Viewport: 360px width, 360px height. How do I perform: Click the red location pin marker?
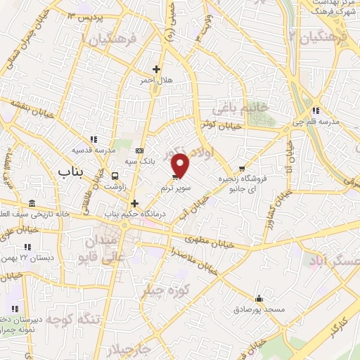point(181,165)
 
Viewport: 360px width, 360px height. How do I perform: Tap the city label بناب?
point(70,171)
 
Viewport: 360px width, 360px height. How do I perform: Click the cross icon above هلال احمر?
point(156,70)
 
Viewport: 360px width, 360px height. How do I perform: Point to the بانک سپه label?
point(139,161)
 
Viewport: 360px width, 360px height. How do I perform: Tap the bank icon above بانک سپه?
point(139,150)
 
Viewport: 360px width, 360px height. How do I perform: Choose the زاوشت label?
point(114,186)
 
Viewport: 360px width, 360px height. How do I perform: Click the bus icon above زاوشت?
point(115,176)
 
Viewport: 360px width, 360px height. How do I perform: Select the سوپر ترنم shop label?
point(175,188)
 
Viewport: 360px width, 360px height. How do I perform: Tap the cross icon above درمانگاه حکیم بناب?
point(134,202)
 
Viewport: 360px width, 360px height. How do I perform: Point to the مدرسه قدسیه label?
point(91,150)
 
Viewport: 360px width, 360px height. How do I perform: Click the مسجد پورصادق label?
point(260,309)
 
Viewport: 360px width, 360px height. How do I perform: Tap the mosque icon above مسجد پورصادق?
point(260,298)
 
